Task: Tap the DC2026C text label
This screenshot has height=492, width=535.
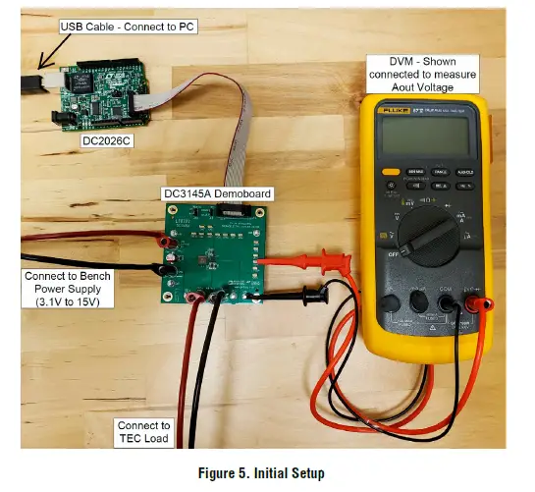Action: pos(105,139)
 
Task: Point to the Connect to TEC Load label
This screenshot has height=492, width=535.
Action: pos(143,431)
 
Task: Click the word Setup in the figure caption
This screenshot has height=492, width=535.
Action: pos(304,473)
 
